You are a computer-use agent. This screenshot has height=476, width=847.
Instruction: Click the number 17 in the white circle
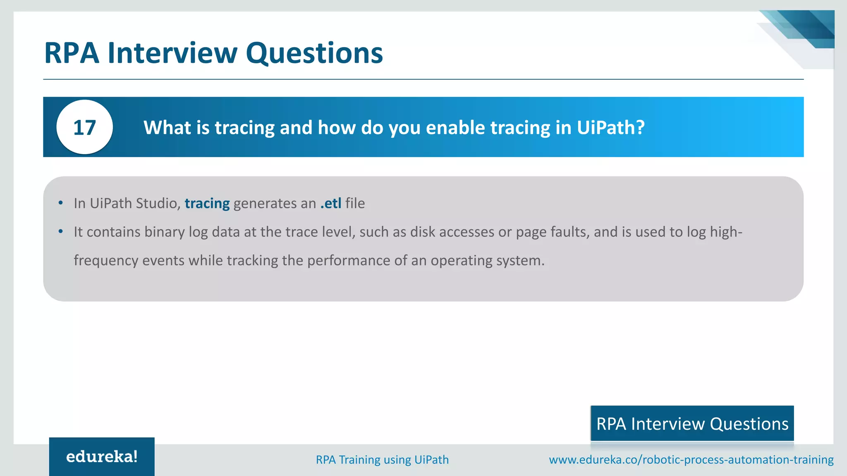pyautogui.click(x=84, y=128)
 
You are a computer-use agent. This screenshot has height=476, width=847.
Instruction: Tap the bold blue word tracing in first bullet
pyautogui.click(x=207, y=203)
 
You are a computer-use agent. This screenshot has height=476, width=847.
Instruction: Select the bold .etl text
pyautogui.click(x=331, y=203)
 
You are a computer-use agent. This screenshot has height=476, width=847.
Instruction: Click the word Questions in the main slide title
pyautogui.click(x=314, y=53)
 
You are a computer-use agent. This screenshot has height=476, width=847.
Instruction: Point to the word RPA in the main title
pyautogui.click(x=72, y=53)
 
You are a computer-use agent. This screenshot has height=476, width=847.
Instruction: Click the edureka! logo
pyautogui.click(x=102, y=457)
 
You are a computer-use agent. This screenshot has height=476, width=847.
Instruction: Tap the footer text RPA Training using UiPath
pyautogui.click(x=382, y=459)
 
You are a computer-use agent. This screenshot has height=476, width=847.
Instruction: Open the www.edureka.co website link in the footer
pyautogui.click(x=691, y=459)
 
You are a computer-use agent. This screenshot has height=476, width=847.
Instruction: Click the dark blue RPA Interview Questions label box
pyautogui.click(x=692, y=424)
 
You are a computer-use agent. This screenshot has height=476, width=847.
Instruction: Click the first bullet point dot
pyautogui.click(x=61, y=203)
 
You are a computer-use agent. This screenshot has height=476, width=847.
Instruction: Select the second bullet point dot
pyautogui.click(x=61, y=231)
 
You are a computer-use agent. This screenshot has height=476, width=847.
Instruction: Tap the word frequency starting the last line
pyautogui.click(x=106, y=261)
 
